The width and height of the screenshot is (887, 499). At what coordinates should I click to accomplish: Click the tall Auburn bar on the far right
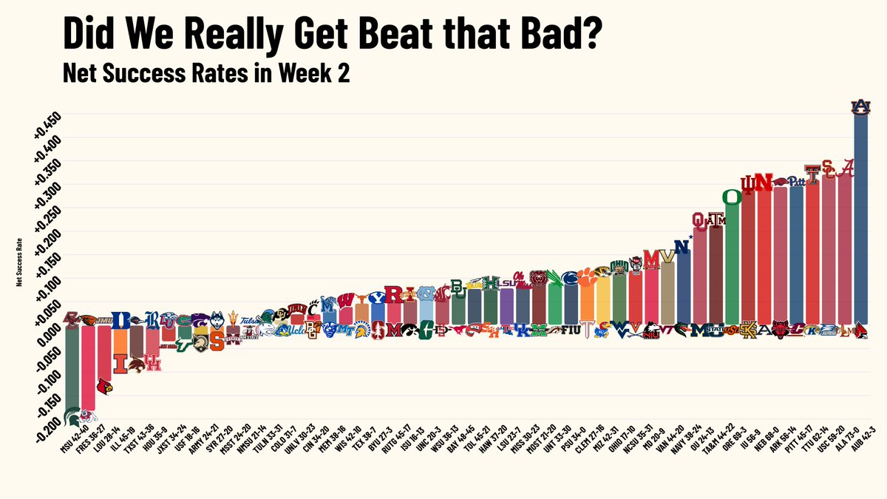click(x=861, y=222)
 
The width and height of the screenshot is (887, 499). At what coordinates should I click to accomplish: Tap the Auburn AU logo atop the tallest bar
click(x=861, y=106)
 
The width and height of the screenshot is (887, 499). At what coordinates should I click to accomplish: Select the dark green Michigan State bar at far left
click(x=72, y=370)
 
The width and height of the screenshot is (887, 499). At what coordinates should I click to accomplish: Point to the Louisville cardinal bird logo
click(x=105, y=385)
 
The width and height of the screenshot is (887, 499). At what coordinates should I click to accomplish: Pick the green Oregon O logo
click(x=731, y=197)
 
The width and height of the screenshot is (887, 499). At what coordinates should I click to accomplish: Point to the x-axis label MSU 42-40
click(x=72, y=452)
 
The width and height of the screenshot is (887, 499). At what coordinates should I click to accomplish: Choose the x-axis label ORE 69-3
click(x=731, y=450)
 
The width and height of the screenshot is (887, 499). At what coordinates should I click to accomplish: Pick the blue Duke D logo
click(x=120, y=320)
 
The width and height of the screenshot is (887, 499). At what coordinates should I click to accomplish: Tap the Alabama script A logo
click(x=846, y=169)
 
